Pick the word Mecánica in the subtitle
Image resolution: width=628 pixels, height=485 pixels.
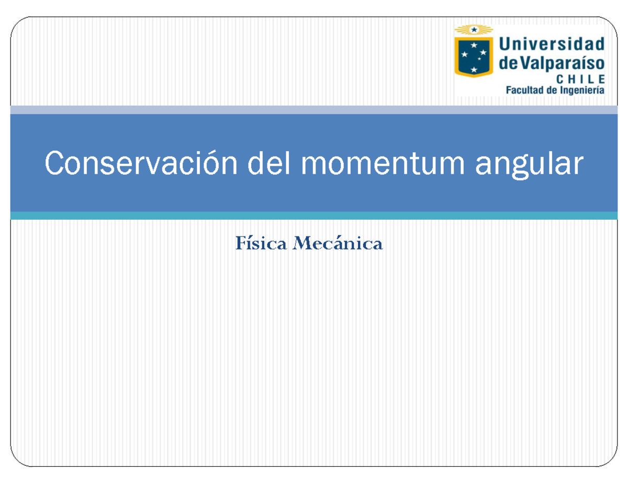(338, 244)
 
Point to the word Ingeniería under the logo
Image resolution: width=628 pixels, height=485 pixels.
(581, 90)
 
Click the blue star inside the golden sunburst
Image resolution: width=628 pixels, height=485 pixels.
(474, 30)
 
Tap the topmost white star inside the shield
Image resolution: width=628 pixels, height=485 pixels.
(474, 46)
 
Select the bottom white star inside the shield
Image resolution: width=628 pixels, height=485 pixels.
(474, 69)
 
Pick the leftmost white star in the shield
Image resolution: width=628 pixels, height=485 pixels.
(464, 54)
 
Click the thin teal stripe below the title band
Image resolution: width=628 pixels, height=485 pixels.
(314, 216)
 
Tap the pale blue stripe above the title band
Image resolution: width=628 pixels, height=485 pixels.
(314, 110)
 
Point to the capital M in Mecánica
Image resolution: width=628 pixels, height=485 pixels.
(302, 244)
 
